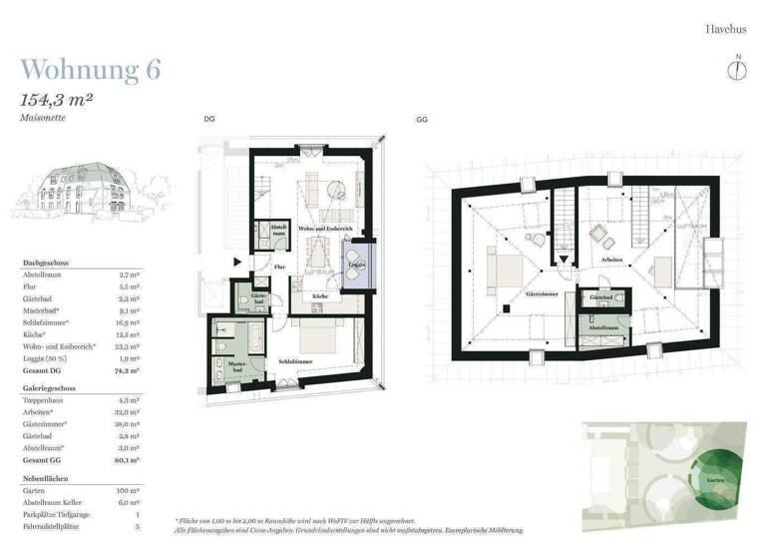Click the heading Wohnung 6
point(91,70)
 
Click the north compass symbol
point(737,68)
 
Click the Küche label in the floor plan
point(321,296)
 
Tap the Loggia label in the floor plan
point(357,265)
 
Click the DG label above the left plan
point(209,119)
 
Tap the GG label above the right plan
point(422,119)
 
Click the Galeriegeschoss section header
point(51,386)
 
